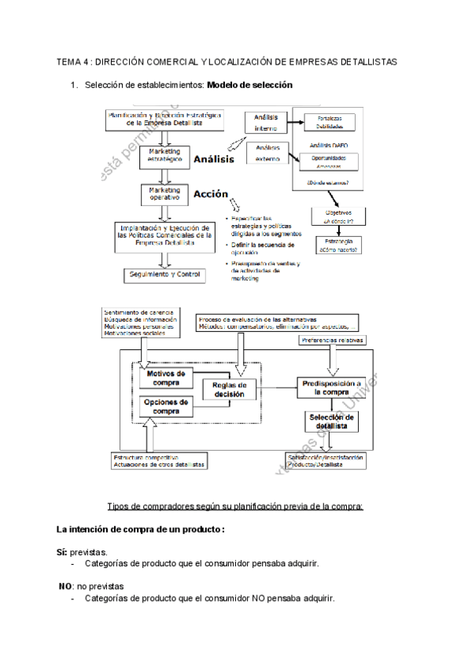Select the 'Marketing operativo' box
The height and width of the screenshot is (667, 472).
coord(164,194)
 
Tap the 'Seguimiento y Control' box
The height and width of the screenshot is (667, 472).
coord(165,275)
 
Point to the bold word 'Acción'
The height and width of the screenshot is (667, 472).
coord(210,194)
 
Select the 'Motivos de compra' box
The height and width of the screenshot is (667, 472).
coord(166,378)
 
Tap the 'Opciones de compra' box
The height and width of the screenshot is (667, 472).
coord(166,407)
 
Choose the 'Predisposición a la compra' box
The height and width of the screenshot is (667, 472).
coord(332,386)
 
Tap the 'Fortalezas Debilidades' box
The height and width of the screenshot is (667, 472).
coord(329,122)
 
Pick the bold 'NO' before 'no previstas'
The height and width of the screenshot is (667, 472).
coord(66,586)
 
